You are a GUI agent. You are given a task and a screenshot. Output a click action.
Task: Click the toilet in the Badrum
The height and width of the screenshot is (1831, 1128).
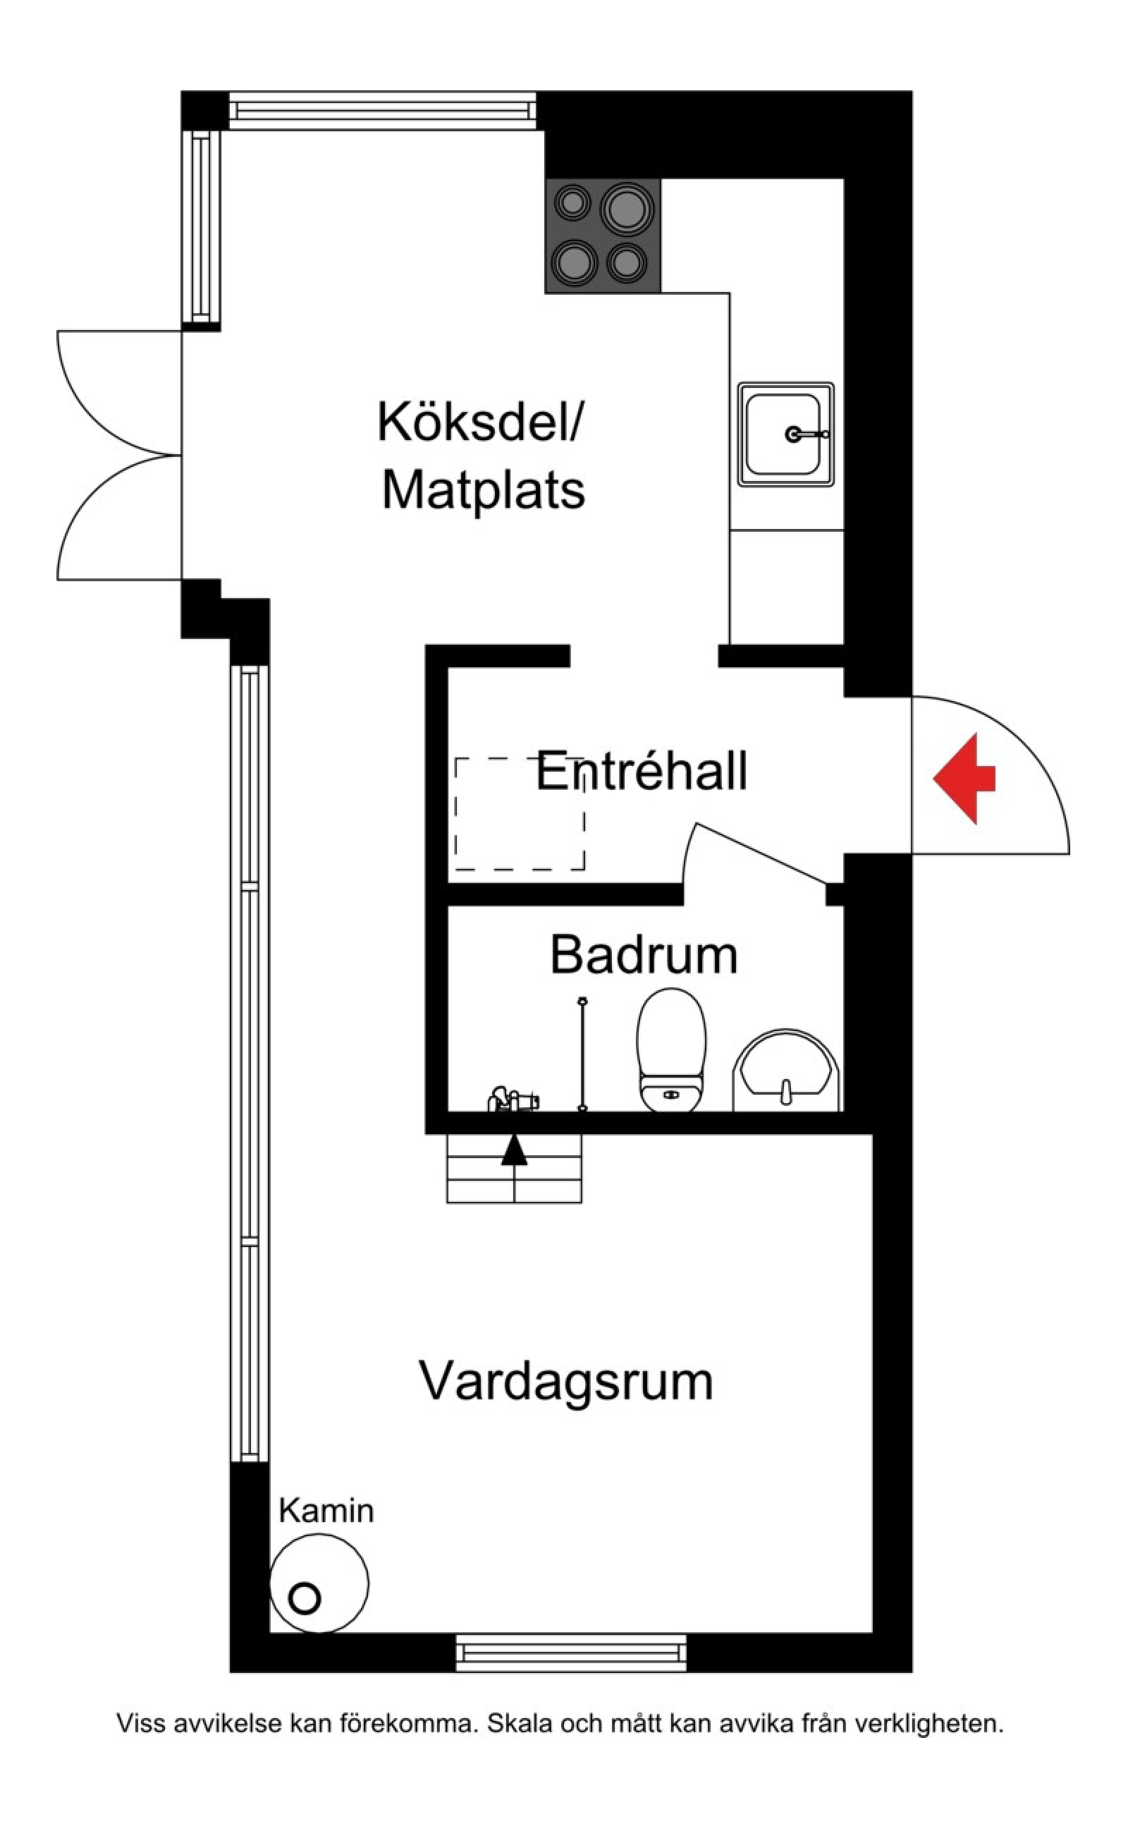[670, 1050]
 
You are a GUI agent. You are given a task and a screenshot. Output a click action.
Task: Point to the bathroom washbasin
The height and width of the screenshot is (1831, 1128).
[786, 1069]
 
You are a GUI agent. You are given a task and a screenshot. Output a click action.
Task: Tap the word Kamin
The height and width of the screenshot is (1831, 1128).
[326, 1511]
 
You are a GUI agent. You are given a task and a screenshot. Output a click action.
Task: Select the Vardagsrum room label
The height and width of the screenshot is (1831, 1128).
[565, 1381]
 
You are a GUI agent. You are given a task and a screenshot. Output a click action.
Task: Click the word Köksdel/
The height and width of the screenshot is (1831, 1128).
[482, 422]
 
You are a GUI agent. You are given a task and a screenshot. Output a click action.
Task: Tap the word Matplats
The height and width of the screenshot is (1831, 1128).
[484, 490]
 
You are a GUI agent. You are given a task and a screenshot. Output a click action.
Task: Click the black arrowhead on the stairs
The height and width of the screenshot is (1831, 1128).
[514, 1151]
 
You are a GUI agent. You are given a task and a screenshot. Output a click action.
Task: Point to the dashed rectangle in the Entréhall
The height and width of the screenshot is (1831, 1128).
[520, 814]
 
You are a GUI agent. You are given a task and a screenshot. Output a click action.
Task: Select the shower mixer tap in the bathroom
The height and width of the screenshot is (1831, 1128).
[515, 1100]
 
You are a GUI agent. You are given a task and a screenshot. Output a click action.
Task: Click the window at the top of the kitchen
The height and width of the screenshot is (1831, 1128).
[382, 111]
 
